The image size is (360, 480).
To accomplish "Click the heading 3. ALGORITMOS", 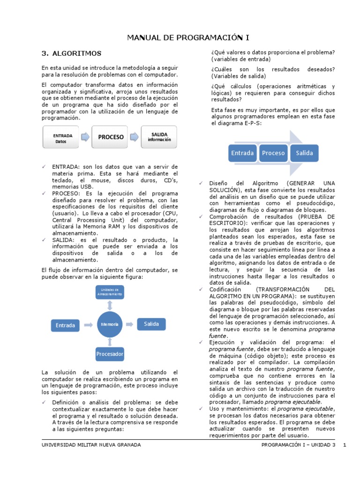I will tap(71, 53).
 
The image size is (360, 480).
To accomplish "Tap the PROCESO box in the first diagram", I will tap(111, 137).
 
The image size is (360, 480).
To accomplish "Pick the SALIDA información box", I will tap(158, 137).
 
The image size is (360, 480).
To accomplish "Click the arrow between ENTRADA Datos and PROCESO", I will tap(85, 137).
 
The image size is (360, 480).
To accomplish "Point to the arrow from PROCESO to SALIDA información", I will tap(135, 137).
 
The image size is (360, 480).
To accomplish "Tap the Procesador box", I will tap(110, 353).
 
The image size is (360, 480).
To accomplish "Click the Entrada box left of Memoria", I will tap(65, 325).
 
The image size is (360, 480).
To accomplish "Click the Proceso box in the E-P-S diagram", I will tap(273, 153).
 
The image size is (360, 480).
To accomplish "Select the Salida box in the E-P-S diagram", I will tap(304, 153).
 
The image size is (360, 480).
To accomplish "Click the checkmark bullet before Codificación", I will tap(200, 290).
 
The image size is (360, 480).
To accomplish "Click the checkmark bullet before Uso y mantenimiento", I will tap(200, 408).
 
